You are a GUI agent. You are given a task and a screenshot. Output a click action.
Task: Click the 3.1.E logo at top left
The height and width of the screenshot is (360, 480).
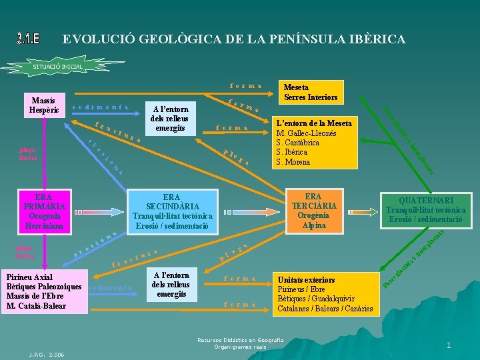click(28, 39)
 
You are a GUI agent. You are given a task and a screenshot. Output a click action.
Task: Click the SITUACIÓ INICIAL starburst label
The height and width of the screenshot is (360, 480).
click(58, 67)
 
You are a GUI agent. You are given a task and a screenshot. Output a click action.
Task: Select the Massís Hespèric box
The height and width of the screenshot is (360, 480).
click(42, 104)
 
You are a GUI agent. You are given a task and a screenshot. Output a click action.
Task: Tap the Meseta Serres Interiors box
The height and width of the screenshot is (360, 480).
click(311, 92)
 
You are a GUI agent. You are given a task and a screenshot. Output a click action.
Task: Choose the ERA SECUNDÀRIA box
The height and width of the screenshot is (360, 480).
click(172, 212)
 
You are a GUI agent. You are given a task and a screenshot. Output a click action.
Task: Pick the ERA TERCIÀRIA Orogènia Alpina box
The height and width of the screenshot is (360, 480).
click(313, 211)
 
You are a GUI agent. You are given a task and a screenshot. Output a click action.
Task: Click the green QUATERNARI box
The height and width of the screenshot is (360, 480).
click(425, 210)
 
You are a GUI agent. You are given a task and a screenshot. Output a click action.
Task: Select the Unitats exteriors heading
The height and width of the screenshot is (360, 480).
click(306, 280)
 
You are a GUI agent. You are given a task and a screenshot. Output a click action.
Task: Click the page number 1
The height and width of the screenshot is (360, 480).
click(449, 345)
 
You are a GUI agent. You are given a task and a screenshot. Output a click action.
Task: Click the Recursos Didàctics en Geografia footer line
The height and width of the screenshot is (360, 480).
click(240, 340)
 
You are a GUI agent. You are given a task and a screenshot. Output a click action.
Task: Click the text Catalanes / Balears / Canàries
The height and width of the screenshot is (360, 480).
click(325, 309)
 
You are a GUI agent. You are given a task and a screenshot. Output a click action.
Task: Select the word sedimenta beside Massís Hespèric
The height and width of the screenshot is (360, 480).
click(99, 107)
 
